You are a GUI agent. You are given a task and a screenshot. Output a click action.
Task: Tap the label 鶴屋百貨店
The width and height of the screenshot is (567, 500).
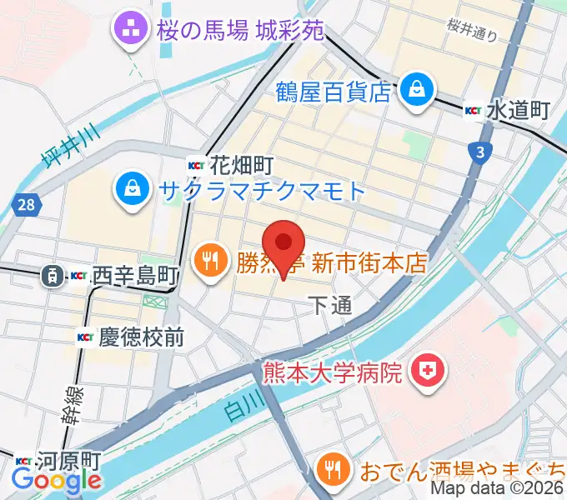334,91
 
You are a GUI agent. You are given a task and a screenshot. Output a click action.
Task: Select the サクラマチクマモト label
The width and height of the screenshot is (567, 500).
261,191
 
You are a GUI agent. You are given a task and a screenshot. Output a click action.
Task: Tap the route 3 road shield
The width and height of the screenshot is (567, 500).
478,151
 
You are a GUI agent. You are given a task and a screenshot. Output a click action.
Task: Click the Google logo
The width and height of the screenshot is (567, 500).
57,481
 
